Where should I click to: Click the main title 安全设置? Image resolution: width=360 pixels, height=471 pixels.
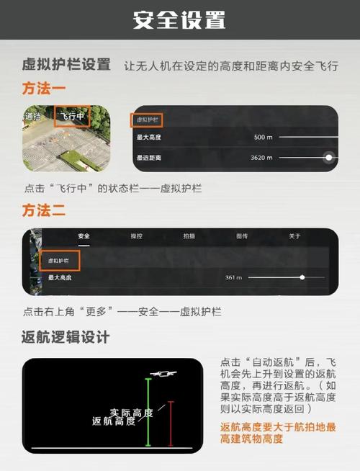[x=179, y=19]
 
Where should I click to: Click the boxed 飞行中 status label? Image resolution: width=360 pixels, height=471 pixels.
[x=72, y=117]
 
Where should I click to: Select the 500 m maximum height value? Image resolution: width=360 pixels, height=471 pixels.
[x=263, y=137]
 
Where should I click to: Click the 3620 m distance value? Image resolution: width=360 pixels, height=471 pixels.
[x=261, y=157]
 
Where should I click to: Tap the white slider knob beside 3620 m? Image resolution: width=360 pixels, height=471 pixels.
[x=328, y=157]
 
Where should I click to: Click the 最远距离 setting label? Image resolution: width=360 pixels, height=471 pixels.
[x=149, y=157]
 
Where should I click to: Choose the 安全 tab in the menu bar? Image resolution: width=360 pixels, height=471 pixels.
[x=84, y=236]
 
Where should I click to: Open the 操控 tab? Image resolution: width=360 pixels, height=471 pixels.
[x=137, y=236]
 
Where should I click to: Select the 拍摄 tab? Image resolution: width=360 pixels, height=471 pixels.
[x=189, y=236]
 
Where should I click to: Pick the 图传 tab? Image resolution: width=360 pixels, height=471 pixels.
[x=242, y=236]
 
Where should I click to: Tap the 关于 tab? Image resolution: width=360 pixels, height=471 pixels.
[x=294, y=236]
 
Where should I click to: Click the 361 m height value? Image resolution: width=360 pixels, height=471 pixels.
[x=233, y=277]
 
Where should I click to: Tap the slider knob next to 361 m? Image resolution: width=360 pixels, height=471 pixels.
[x=302, y=277]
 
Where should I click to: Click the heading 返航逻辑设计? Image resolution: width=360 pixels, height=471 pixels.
[x=66, y=336]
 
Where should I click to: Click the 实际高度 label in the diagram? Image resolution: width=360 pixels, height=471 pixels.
[x=131, y=413]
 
